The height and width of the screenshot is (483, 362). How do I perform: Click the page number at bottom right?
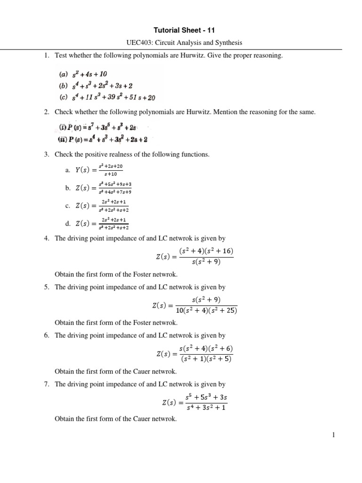click(333, 435)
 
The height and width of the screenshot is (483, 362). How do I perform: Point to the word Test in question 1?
click(61, 56)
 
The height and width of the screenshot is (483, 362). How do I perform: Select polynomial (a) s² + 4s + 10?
click(82, 74)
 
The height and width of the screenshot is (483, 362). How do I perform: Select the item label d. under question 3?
click(68, 223)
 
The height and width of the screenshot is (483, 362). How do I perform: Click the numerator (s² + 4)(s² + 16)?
click(206, 250)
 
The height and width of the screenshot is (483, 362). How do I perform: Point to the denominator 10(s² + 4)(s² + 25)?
click(206, 310)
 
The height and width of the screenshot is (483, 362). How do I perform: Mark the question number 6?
click(46, 335)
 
